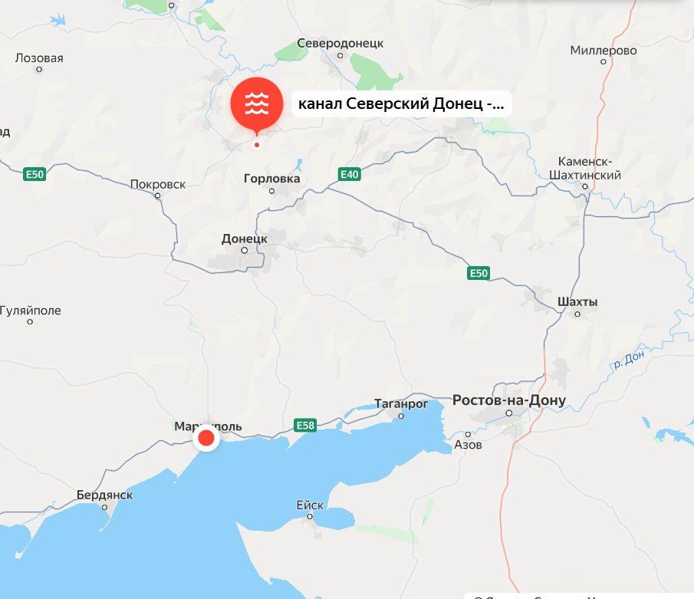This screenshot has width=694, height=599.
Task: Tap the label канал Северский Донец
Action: tap(401, 104)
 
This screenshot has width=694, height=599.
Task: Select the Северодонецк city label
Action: tap(340, 44)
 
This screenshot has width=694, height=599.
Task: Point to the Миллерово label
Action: tap(604, 51)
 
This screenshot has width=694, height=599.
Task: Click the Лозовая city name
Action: tap(39, 58)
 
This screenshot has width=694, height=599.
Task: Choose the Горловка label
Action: tap(271, 179)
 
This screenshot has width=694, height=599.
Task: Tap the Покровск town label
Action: tap(158, 184)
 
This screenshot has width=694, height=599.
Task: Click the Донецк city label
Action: tap(245, 239)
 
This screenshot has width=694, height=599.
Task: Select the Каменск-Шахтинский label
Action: tap(590, 169)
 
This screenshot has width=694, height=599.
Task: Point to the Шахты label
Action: tap(578, 301)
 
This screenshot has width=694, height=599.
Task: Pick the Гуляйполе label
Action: tap(30, 311)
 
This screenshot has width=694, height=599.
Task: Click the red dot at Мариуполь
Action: tap(206, 439)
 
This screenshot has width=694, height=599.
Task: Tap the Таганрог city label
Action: tap(399, 403)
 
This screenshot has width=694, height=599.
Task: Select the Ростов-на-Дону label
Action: tap(509, 400)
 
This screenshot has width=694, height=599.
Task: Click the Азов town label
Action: tap(468, 444)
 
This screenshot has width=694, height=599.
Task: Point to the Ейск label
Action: tap(310, 505)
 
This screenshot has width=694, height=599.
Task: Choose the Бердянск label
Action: tap(104, 495)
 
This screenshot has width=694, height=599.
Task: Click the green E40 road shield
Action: tap(349, 175)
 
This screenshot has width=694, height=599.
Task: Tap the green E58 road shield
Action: tap(304, 424)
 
